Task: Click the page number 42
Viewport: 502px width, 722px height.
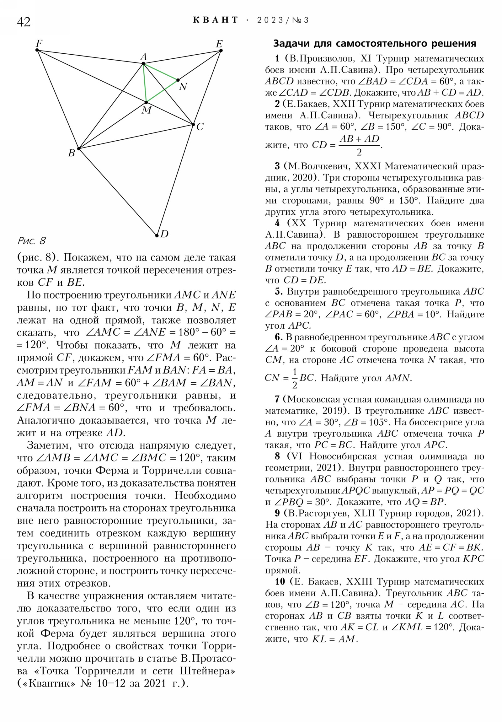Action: (x=24, y=22)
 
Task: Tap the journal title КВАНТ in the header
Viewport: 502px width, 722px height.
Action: (x=215, y=20)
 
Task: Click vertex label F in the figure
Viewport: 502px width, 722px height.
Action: (x=39, y=43)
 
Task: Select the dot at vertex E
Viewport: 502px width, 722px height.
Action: (x=221, y=50)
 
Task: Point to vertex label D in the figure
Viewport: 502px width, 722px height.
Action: (x=164, y=234)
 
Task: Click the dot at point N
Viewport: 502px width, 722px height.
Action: (x=178, y=80)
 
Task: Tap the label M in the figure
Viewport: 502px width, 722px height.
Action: (x=147, y=110)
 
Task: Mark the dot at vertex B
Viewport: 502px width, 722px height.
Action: (x=79, y=149)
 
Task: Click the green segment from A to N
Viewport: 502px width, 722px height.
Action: (x=161, y=72)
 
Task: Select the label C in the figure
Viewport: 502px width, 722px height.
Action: (x=200, y=127)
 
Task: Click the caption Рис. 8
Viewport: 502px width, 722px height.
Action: (x=31, y=241)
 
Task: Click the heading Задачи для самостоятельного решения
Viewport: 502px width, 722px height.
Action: (x=374, y=43)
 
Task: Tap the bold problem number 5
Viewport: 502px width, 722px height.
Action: (x=278, y=292)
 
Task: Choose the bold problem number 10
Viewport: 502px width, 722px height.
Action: (x=280, y=581)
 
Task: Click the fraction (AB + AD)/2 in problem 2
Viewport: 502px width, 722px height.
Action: (x=359, y=145)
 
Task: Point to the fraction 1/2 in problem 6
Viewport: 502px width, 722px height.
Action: (x=295, y=378)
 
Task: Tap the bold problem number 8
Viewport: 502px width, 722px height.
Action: (x=277, y=456)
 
